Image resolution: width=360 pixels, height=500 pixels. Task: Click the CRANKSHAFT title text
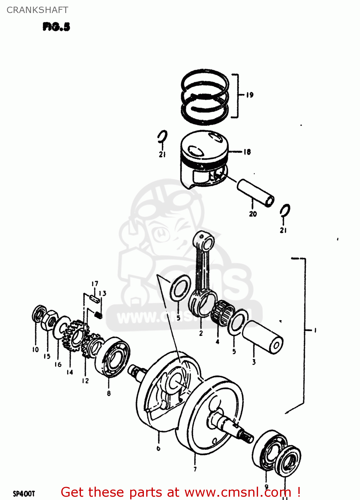click(37, 10)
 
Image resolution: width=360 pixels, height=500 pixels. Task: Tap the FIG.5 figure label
click(56, 27)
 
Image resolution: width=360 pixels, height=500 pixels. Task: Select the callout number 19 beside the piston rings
click(250, 95)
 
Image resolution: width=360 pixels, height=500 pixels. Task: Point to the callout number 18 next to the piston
click(247, 152)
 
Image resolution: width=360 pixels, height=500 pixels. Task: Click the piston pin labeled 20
click(255, 193)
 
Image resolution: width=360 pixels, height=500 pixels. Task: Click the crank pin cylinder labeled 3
click(263, 337)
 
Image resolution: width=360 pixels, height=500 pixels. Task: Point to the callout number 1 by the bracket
click(315, 330)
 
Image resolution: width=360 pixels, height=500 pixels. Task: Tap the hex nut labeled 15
click(49, 320)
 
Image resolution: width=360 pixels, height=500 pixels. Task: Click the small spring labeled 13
click(98, 314)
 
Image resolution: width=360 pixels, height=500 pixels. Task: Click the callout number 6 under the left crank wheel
click(159, 448)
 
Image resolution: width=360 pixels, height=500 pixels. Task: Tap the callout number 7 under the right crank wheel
click(195, 469)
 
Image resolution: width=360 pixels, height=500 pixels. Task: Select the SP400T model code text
click(24, 494)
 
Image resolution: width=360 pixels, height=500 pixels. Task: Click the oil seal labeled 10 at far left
click(39, 314)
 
